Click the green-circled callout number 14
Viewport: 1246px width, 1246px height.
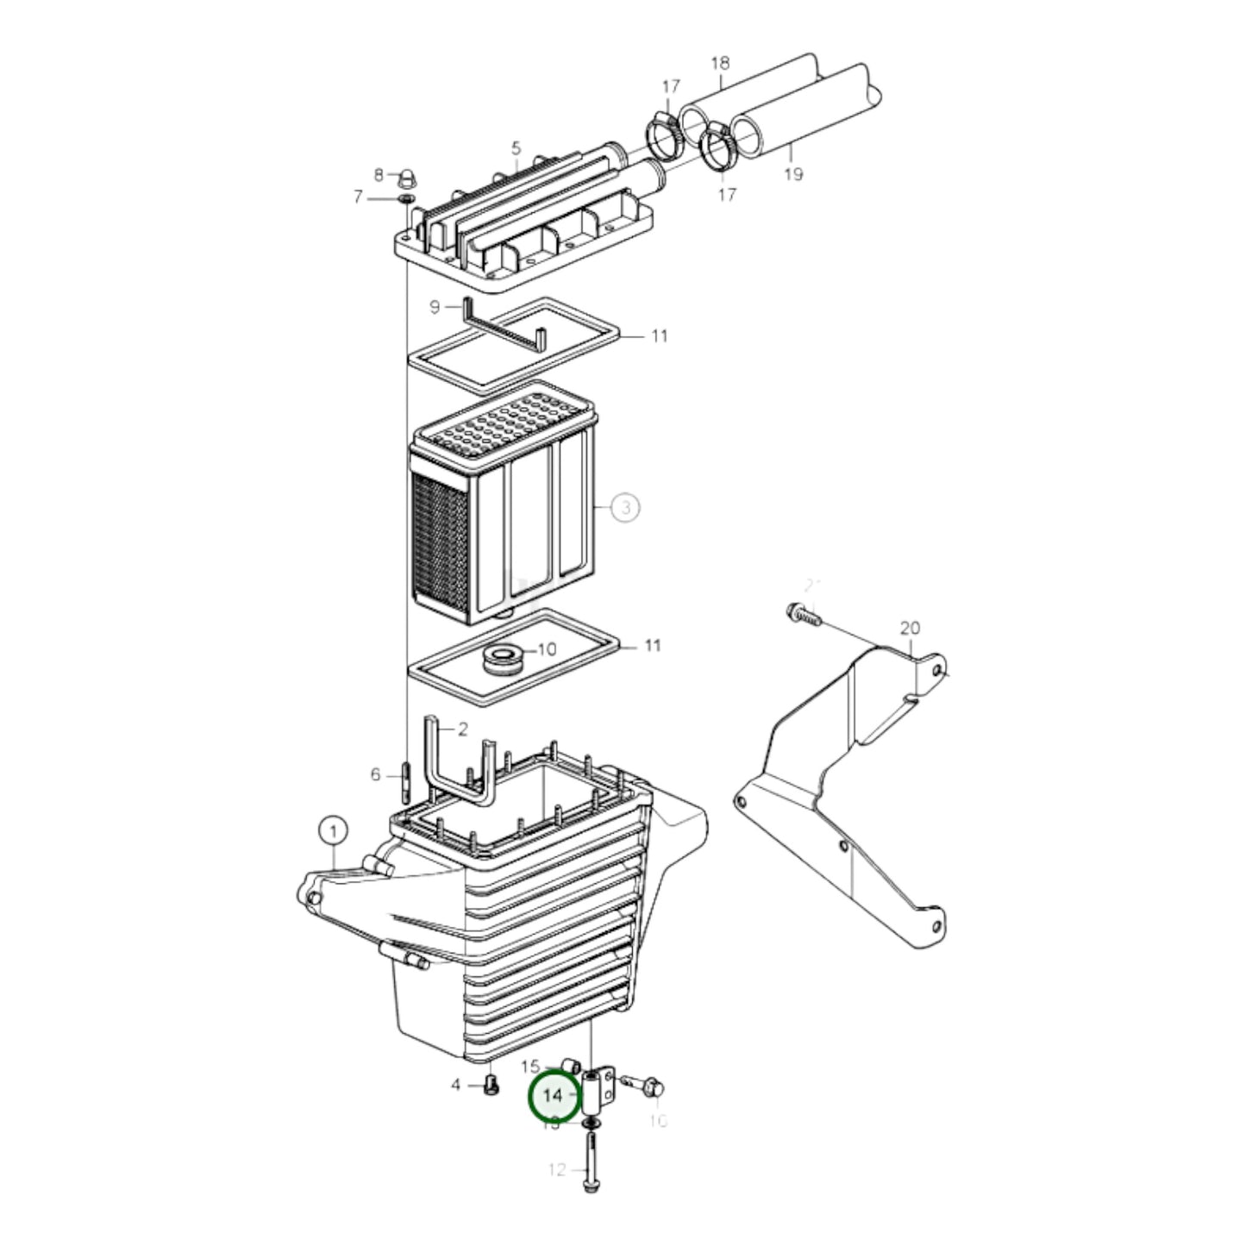coord(553,1095)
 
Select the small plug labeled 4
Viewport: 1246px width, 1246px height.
coord(492,1086)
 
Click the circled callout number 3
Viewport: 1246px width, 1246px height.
coord(626,507)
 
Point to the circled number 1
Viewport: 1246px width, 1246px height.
coord(332,831)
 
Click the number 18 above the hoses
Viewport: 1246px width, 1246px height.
coord(720,62)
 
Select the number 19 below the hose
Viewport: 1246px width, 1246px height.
coord(793,174)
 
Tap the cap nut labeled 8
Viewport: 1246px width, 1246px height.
coord(406,179)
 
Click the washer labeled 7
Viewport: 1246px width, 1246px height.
coord(406,199)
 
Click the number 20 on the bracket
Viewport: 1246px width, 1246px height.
coord(910,629)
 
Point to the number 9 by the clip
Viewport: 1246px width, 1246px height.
coord(435,307)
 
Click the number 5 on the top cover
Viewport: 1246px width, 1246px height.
coord(516,148)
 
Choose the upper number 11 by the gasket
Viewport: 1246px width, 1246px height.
coord(659,335)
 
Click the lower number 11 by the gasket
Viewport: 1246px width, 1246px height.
coord(653,645)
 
